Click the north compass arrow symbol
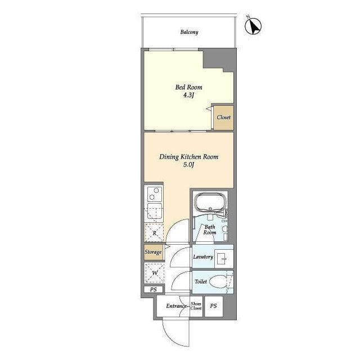click(253, 26)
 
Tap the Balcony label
click(189, 32)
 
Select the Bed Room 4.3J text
click(189, 91)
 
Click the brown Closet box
click(224, 118)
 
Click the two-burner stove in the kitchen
click(154, 194)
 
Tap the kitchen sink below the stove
click(155, 211)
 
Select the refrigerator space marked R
click(154, 233)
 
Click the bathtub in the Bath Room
click(210, 202)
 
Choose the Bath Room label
click(210, 229)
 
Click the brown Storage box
click(153, 252)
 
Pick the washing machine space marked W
click(155, 273)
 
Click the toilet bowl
click(218, 282)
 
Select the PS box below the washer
click(154, 290)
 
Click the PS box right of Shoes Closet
click(214, 306)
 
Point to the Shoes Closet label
click(196, 306)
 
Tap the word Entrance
click(176, 306)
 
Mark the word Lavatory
click(203, 256)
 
